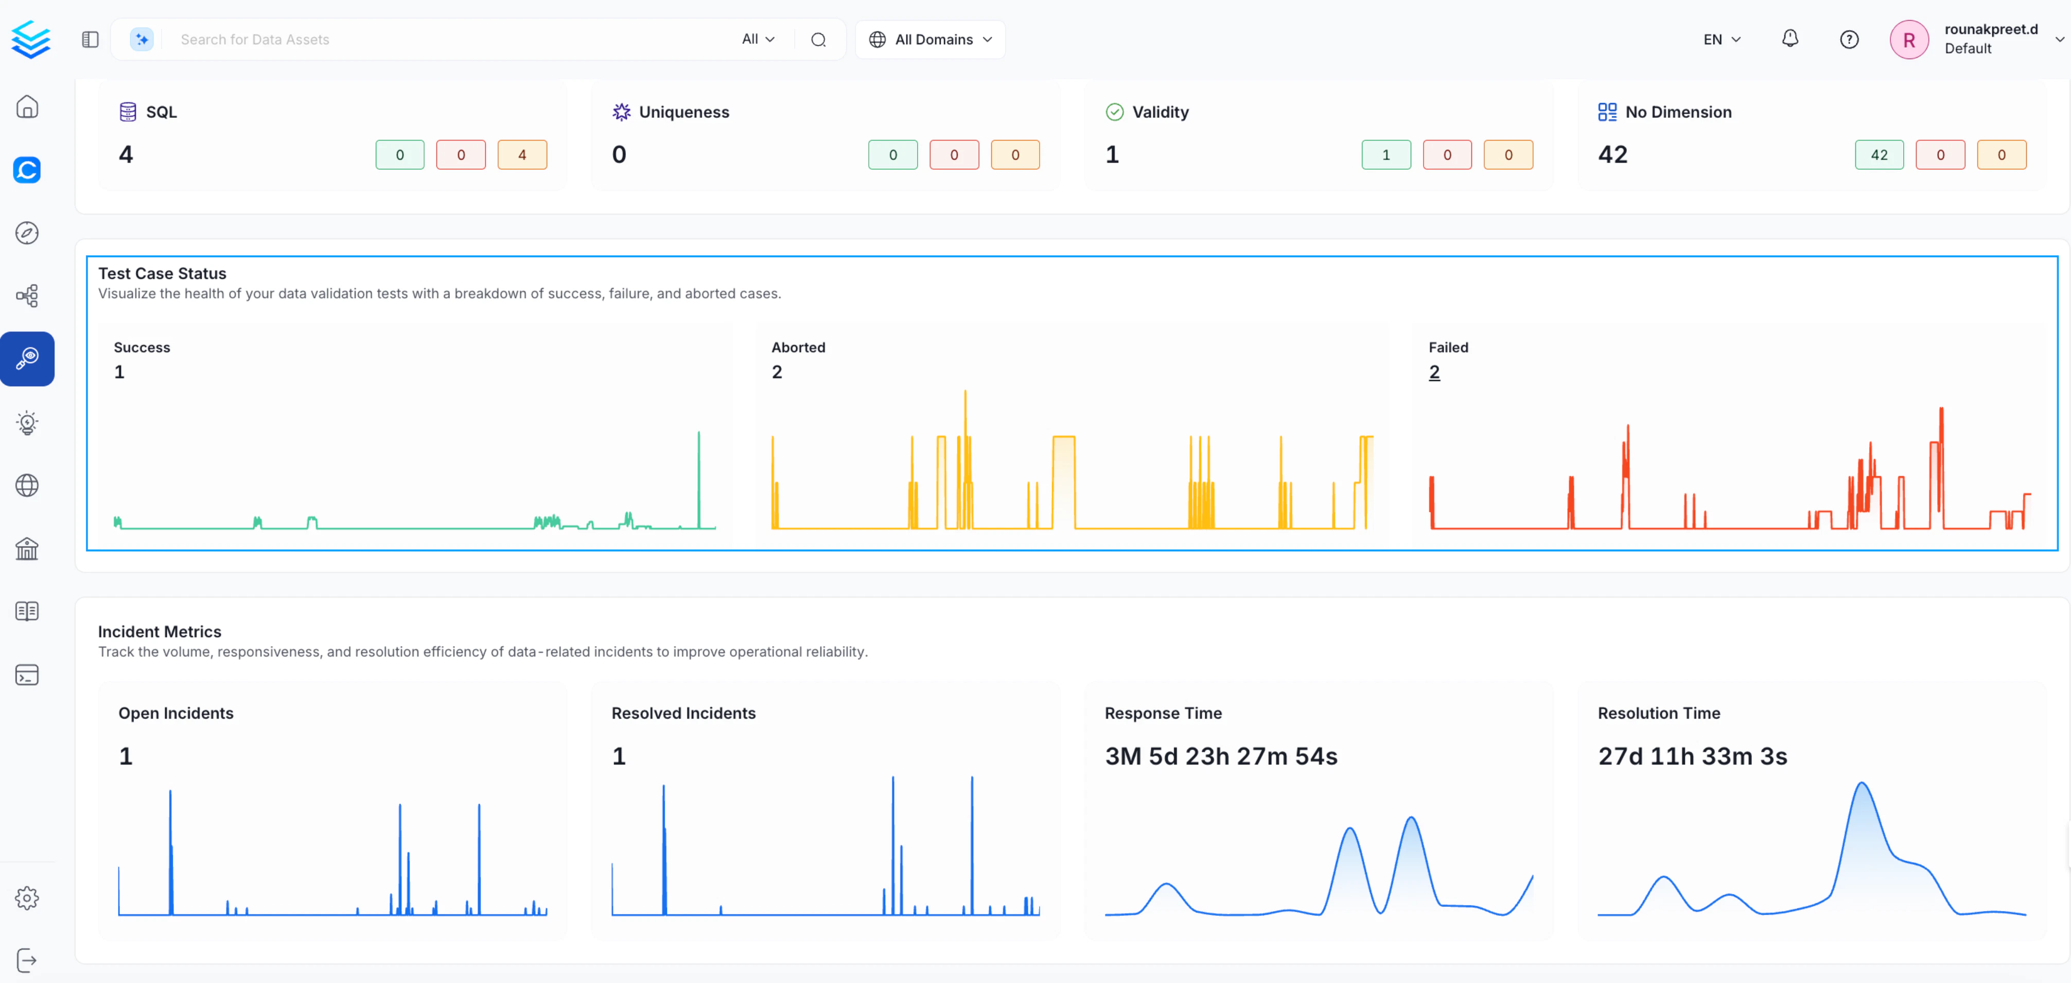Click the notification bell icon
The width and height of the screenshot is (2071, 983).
point(1789,39)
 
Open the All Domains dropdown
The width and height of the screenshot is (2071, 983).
point(930,40)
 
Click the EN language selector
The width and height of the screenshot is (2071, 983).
point(1721,40)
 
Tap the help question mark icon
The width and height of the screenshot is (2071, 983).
point(1849,40)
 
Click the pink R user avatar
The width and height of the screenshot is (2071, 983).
point(1908,40)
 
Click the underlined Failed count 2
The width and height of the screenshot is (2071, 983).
point(1434,372)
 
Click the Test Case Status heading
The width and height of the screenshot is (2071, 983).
point(163,273)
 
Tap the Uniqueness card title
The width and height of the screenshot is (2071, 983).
point(683,112)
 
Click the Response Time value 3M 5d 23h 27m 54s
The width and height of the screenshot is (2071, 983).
point(1220,756)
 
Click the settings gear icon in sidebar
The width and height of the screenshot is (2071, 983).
point(27,898)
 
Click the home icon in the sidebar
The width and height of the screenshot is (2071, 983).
point(27,107)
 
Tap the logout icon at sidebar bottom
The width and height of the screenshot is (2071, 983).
point(27,960)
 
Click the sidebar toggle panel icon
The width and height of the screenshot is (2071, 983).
point(90,40)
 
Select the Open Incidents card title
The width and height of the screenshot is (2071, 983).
point(175,713)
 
